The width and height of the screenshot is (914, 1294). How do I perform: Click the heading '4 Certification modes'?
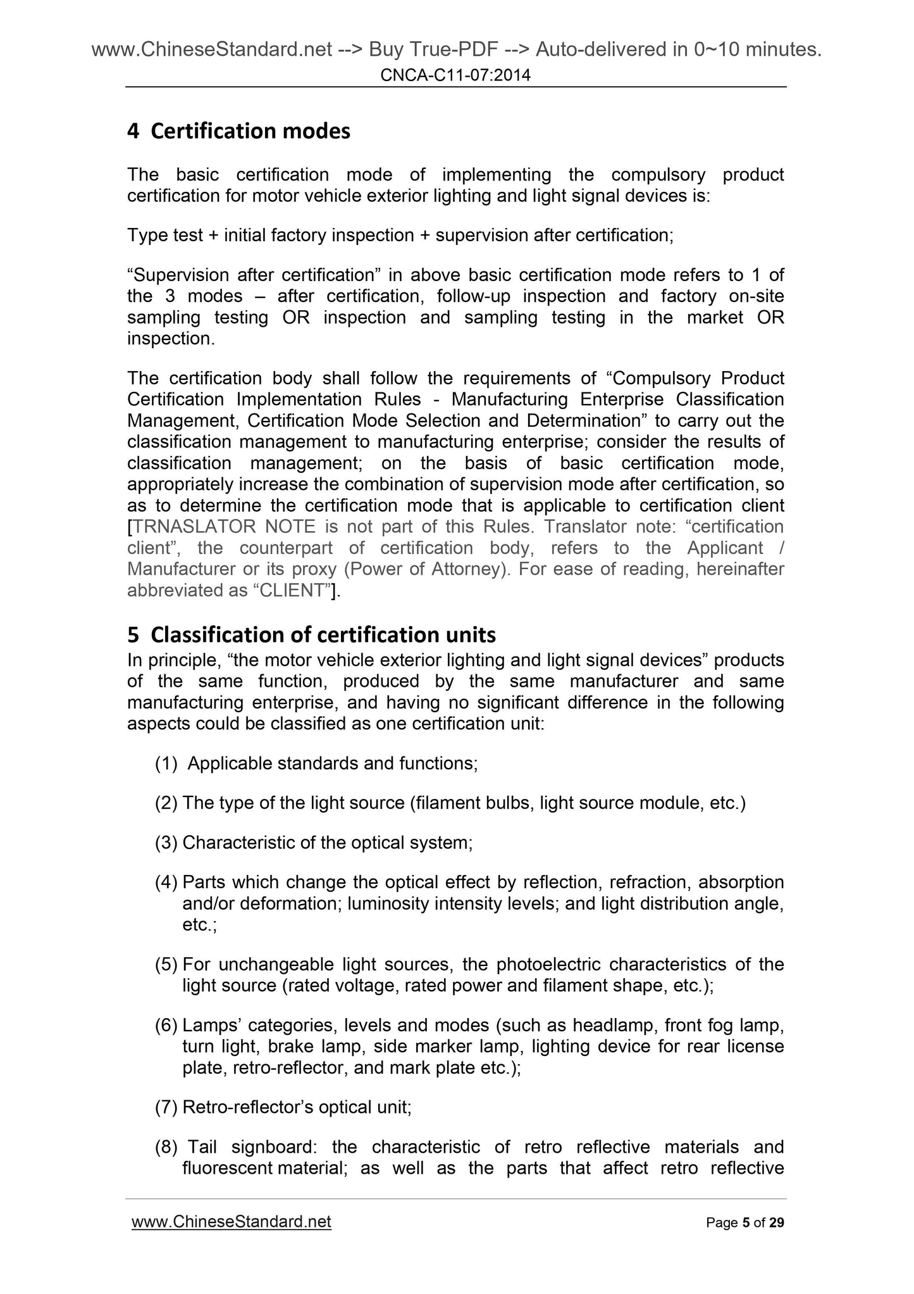tap(238, 131)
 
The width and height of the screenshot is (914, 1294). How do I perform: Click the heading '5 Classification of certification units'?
tap(311, 634)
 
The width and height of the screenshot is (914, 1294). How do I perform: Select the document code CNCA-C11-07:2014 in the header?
tap(455, 76)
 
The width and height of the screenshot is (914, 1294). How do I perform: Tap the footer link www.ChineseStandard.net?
tap(231, 1222)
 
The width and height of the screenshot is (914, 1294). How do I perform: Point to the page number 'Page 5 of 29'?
tap(744, 1222)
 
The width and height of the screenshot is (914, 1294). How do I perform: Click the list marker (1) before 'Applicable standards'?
tap(166, 763)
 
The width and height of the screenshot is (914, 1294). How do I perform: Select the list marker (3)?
tap(166, 843)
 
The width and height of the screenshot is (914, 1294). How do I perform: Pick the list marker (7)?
tap(166, 1107)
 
